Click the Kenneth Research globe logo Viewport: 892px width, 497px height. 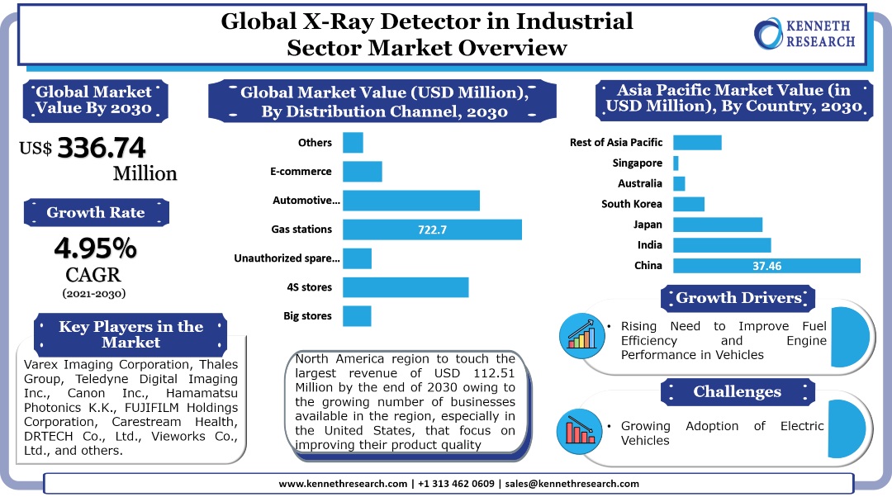coord(770,34)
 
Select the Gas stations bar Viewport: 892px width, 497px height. coord(432,230)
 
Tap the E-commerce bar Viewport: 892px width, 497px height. coord(362,172)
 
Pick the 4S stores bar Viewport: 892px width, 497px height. coord(406,287)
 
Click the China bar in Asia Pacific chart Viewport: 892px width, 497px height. coord(766,266)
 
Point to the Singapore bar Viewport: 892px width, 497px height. coord(676,163)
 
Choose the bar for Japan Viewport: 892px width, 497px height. coord(718,225)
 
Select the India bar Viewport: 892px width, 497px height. coord(722,245)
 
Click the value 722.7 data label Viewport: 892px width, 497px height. coord(432,230)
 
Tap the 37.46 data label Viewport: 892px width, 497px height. coord(766,266)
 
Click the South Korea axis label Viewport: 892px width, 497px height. coord(632,204)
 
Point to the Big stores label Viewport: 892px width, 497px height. coord(307,315)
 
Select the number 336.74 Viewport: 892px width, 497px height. coord(102,148)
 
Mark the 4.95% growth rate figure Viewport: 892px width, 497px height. coord(96,247)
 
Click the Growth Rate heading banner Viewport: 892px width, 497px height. coord(96,212)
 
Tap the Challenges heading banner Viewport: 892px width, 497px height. coord(737,391)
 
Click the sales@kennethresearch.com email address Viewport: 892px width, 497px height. coord(572,484)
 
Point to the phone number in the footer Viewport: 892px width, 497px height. coord(458,484)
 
